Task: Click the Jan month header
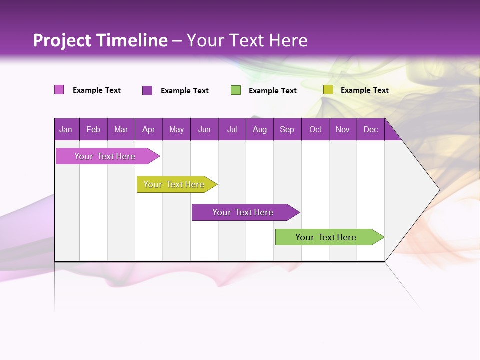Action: click(66, 130)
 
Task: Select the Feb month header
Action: click(93, 130)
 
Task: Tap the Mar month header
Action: click(121, 130)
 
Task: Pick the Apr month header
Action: click(148, 130)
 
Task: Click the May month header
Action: click(176, 130)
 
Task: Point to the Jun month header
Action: click(204, 130)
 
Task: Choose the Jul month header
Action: click(232, 130)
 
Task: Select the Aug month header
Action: click(259, 130)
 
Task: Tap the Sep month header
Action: click(287, 130)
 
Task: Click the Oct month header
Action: click(315, 130)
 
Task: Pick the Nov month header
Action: click(343, 130)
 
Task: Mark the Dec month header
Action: click(370, 130)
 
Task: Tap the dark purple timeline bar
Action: click(243, 212)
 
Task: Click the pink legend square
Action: click(59, 90)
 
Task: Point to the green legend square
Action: click(236, 90)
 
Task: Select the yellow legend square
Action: click(328, 90)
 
